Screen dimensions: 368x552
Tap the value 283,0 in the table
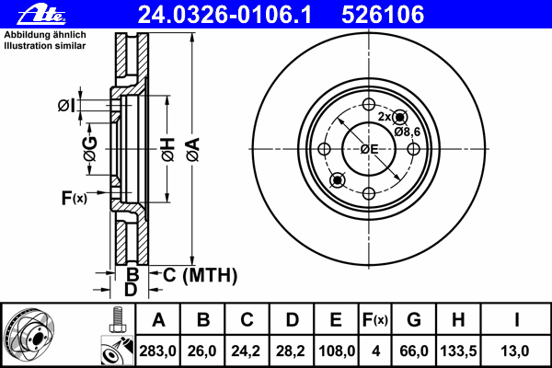pyautogui.click(x=159, y=351)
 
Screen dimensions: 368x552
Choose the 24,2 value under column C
pyautogui.click(x=247, y=351)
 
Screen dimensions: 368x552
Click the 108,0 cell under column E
pyautogui.click(x=336, y=351)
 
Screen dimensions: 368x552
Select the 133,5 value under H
pyautogui.click(x=458, y=351)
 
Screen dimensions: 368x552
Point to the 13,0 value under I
pyautogui.click(x=518, y=351)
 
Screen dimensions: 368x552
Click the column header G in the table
pyautogui.click(x=413, y=320)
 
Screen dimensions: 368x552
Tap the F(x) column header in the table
pyautogui.click(x=374, y=320)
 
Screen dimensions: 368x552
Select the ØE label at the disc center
pyautogui.click(x=369, y=149)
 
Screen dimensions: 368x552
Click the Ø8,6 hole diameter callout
pyautogui.click(x=407, y=132)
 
